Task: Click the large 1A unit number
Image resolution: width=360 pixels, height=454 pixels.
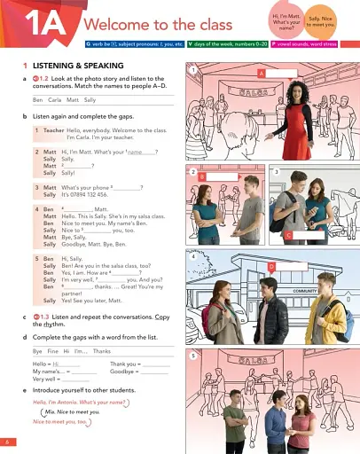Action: pos(37,24)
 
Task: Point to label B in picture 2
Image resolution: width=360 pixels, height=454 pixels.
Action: pos(202,177)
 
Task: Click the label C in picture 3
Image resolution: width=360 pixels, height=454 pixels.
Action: pos(288,235)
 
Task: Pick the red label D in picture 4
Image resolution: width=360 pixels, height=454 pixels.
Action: pos(271,264)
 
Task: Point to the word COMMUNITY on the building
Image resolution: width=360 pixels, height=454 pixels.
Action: pos(305,289)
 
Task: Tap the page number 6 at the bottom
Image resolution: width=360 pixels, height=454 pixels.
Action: pos(6,441)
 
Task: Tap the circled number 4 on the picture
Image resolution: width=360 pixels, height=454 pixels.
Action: pos(192,256)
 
